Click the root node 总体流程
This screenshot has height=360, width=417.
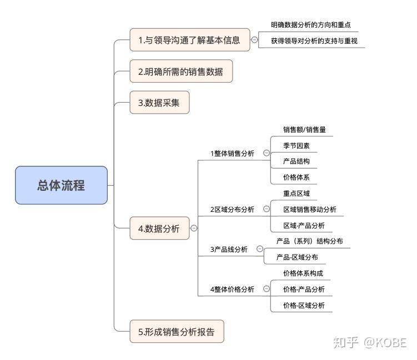[61, 185]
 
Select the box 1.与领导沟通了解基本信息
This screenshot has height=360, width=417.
[189, 40]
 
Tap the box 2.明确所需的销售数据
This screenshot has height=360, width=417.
[181, 72]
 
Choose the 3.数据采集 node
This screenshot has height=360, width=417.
[159, 103]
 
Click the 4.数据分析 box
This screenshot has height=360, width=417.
[159, 228]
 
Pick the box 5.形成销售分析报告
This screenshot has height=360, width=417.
[177, 332]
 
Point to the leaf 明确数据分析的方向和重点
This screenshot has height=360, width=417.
[311, 26]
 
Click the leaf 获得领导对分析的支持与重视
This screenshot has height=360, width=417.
[314, 40]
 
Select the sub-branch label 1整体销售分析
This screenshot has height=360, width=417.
[232, 153]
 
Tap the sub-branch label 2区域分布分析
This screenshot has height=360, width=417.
[232, 209]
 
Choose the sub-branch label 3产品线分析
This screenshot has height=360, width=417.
[229, 250]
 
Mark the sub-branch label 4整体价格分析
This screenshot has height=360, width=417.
[232, 289]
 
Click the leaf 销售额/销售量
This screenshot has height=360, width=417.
[304, 129]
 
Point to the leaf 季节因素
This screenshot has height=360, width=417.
[297, 146]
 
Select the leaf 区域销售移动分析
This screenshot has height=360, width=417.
[309, 209]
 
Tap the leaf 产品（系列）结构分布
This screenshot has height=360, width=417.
[309, 241]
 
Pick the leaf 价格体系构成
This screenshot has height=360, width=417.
[303, 273]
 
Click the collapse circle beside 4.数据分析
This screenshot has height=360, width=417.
[194, 228]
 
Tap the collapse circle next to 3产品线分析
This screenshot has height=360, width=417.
[260, 250]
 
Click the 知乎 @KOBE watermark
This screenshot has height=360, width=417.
[370, 342]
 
